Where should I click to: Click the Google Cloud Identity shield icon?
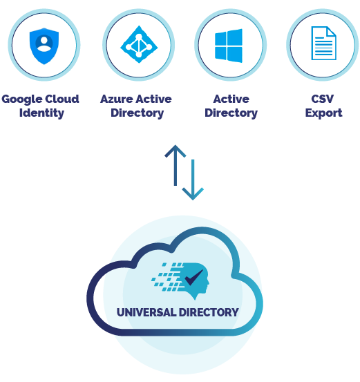point(44,45)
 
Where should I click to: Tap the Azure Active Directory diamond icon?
point(138,45)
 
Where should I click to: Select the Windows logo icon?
point(229,45)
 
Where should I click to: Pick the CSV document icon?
point(323,44)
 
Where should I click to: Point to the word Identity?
point(41,113)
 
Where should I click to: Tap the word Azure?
point(116,99)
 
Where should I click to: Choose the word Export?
point(323,113)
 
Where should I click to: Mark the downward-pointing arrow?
point(193,180)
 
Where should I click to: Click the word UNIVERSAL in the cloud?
point(146,312)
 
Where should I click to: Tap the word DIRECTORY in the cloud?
point(209,312)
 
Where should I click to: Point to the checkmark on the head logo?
point(193,278)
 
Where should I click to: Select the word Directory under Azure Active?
point(138,113)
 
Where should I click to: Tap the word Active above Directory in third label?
point(231,99)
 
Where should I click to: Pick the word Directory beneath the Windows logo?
point(231,113)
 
